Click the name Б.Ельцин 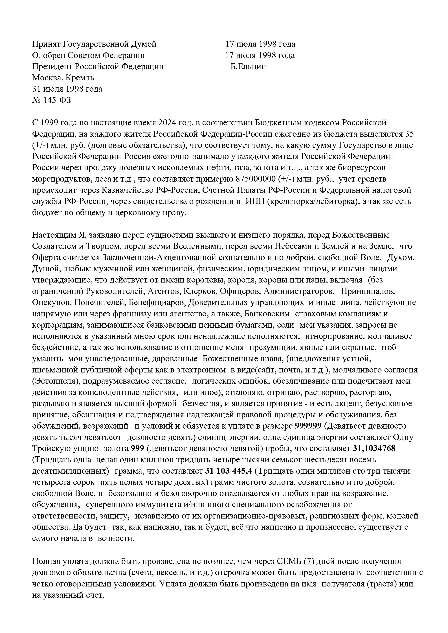click(x=248, y=67)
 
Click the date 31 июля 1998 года click(x=67, y=89)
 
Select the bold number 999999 click(x=308, y=426)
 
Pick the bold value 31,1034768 click(x=374, y=449)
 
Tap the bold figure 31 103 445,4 click(x=228, y=471)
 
